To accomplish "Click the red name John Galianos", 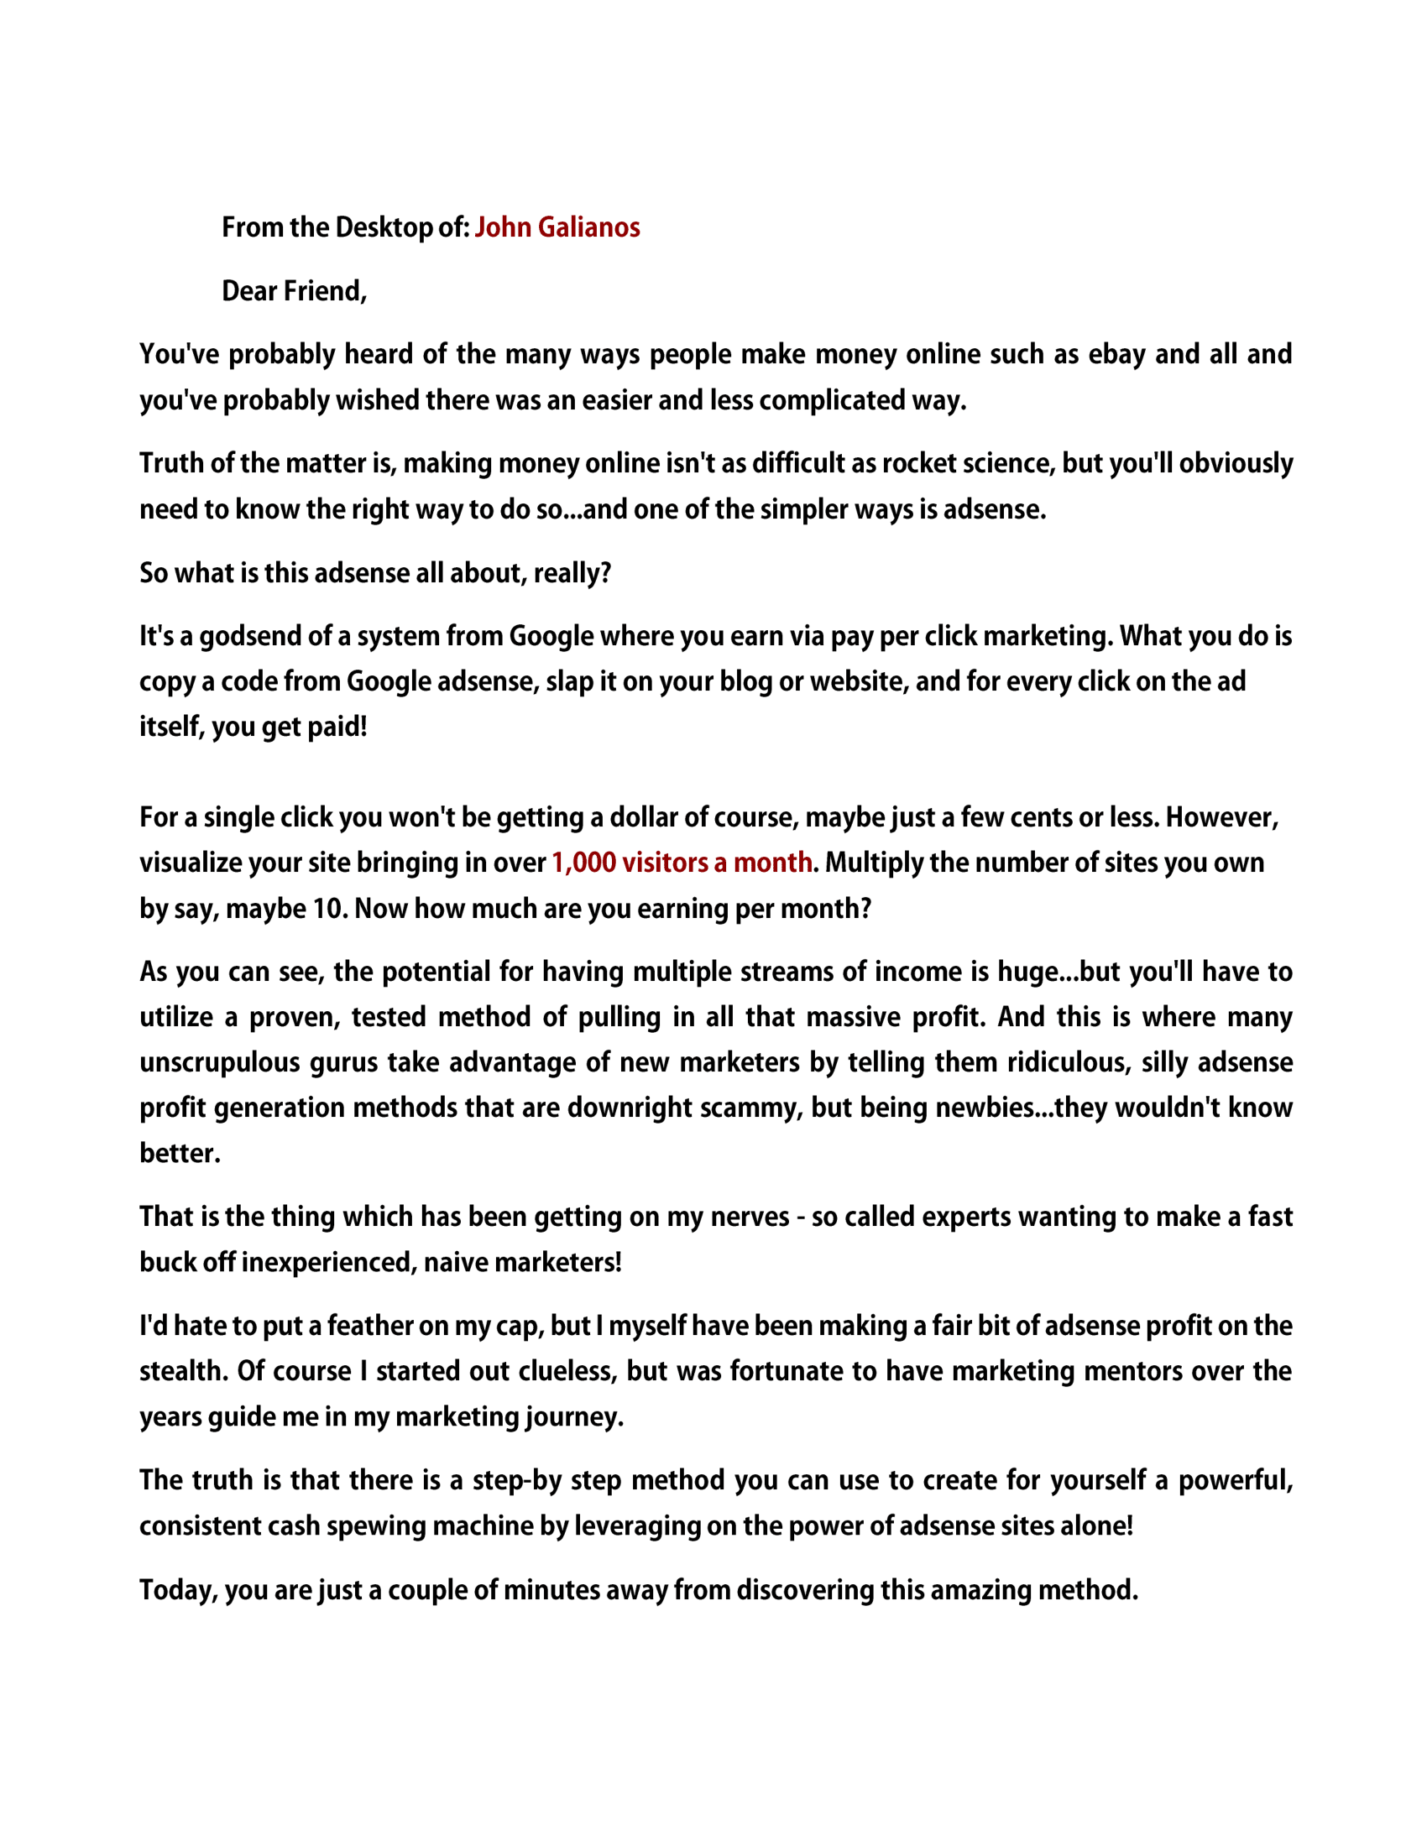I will click(x=557, y=227).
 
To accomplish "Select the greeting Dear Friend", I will click(x=293, y=291).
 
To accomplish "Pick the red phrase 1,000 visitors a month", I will click(x=682, y=863).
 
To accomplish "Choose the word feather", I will click(x=369, y=1326).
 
